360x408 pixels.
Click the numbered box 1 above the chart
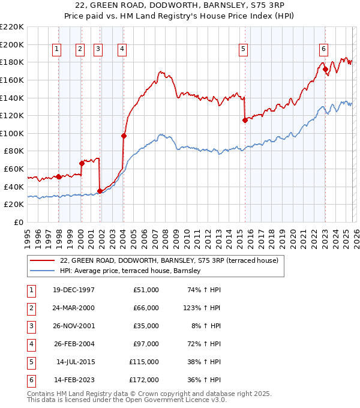(x=56, y=50)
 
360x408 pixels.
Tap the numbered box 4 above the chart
(x=122, y=50)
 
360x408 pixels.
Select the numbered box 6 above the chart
(x=323, y=50)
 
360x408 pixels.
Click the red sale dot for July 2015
(x=245, y=120)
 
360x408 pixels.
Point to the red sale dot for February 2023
(x=325, y=69)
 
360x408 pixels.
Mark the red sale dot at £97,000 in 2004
(x=124, y=136)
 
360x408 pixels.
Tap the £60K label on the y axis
(x=14, y=169)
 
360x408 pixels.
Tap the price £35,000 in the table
(x=144, y=326)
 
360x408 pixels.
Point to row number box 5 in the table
(x=30, y=362)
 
